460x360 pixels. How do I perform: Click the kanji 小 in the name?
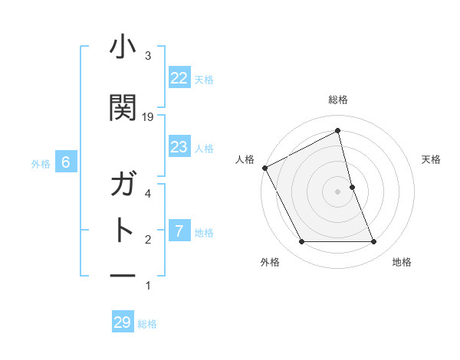coord(123,47)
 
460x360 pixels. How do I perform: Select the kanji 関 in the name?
coord(123,107)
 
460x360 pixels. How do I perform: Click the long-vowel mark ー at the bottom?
coord(123,275)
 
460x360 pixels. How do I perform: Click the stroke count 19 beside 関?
coord(148,117)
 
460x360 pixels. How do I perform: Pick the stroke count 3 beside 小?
coord(148,56)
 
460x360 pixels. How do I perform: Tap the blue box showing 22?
coord(179,78)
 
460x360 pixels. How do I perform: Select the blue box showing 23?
coord(179,147)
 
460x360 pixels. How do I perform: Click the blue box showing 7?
coord(179,231)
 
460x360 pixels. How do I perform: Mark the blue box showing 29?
coord(123,322)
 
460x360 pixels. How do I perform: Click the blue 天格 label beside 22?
coord(204,79)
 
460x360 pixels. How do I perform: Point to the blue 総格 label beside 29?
coord(147,324)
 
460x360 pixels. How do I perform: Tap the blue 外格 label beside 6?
coord(41,163)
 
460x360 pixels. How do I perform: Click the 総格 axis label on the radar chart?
coord(338,100)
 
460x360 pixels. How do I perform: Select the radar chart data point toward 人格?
coord(264,168)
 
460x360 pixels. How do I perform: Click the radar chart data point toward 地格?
coord(374,242)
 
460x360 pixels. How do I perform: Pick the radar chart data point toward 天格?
coord(352,187)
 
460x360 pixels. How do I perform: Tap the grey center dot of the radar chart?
coord(338,191)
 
